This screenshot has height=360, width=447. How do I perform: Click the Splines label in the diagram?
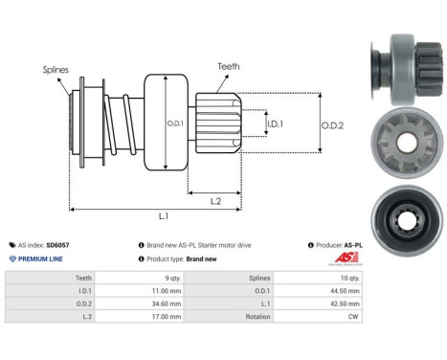coord(56,69)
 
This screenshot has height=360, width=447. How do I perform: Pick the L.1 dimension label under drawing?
coord(163,217)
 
